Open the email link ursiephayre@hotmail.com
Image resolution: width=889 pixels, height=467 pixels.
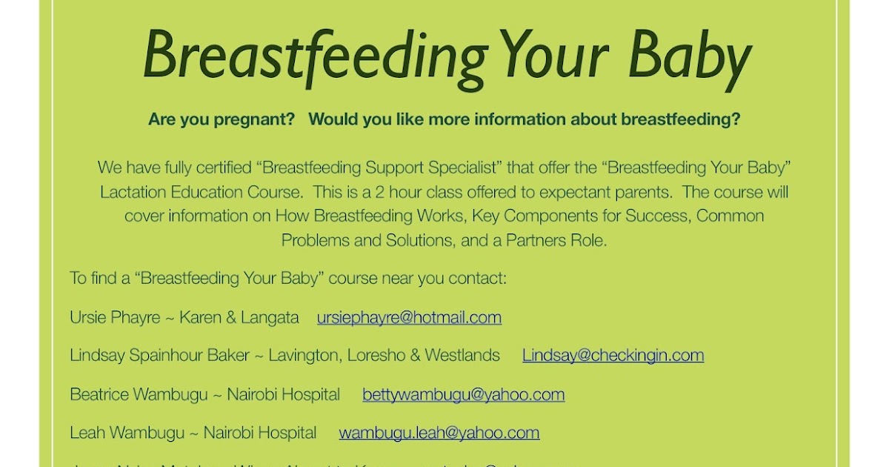[x=409, y=317]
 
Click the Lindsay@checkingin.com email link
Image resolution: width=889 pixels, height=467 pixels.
[x=613, y=355]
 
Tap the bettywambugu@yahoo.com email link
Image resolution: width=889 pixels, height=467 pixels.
[x=463, y=394]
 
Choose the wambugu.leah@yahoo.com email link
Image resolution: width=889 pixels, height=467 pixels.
[x=439, y=432]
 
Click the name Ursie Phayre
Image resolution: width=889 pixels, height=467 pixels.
[x=115, y=317]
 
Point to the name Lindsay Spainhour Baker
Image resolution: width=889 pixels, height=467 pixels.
[x=159, y=355]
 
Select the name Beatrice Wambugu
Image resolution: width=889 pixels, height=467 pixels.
[x=139, y=394]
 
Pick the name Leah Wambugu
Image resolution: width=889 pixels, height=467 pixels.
[x=127, y=432]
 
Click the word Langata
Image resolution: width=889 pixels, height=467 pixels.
[x=270, y=317]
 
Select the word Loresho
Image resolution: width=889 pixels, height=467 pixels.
[x=377, y=355]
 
